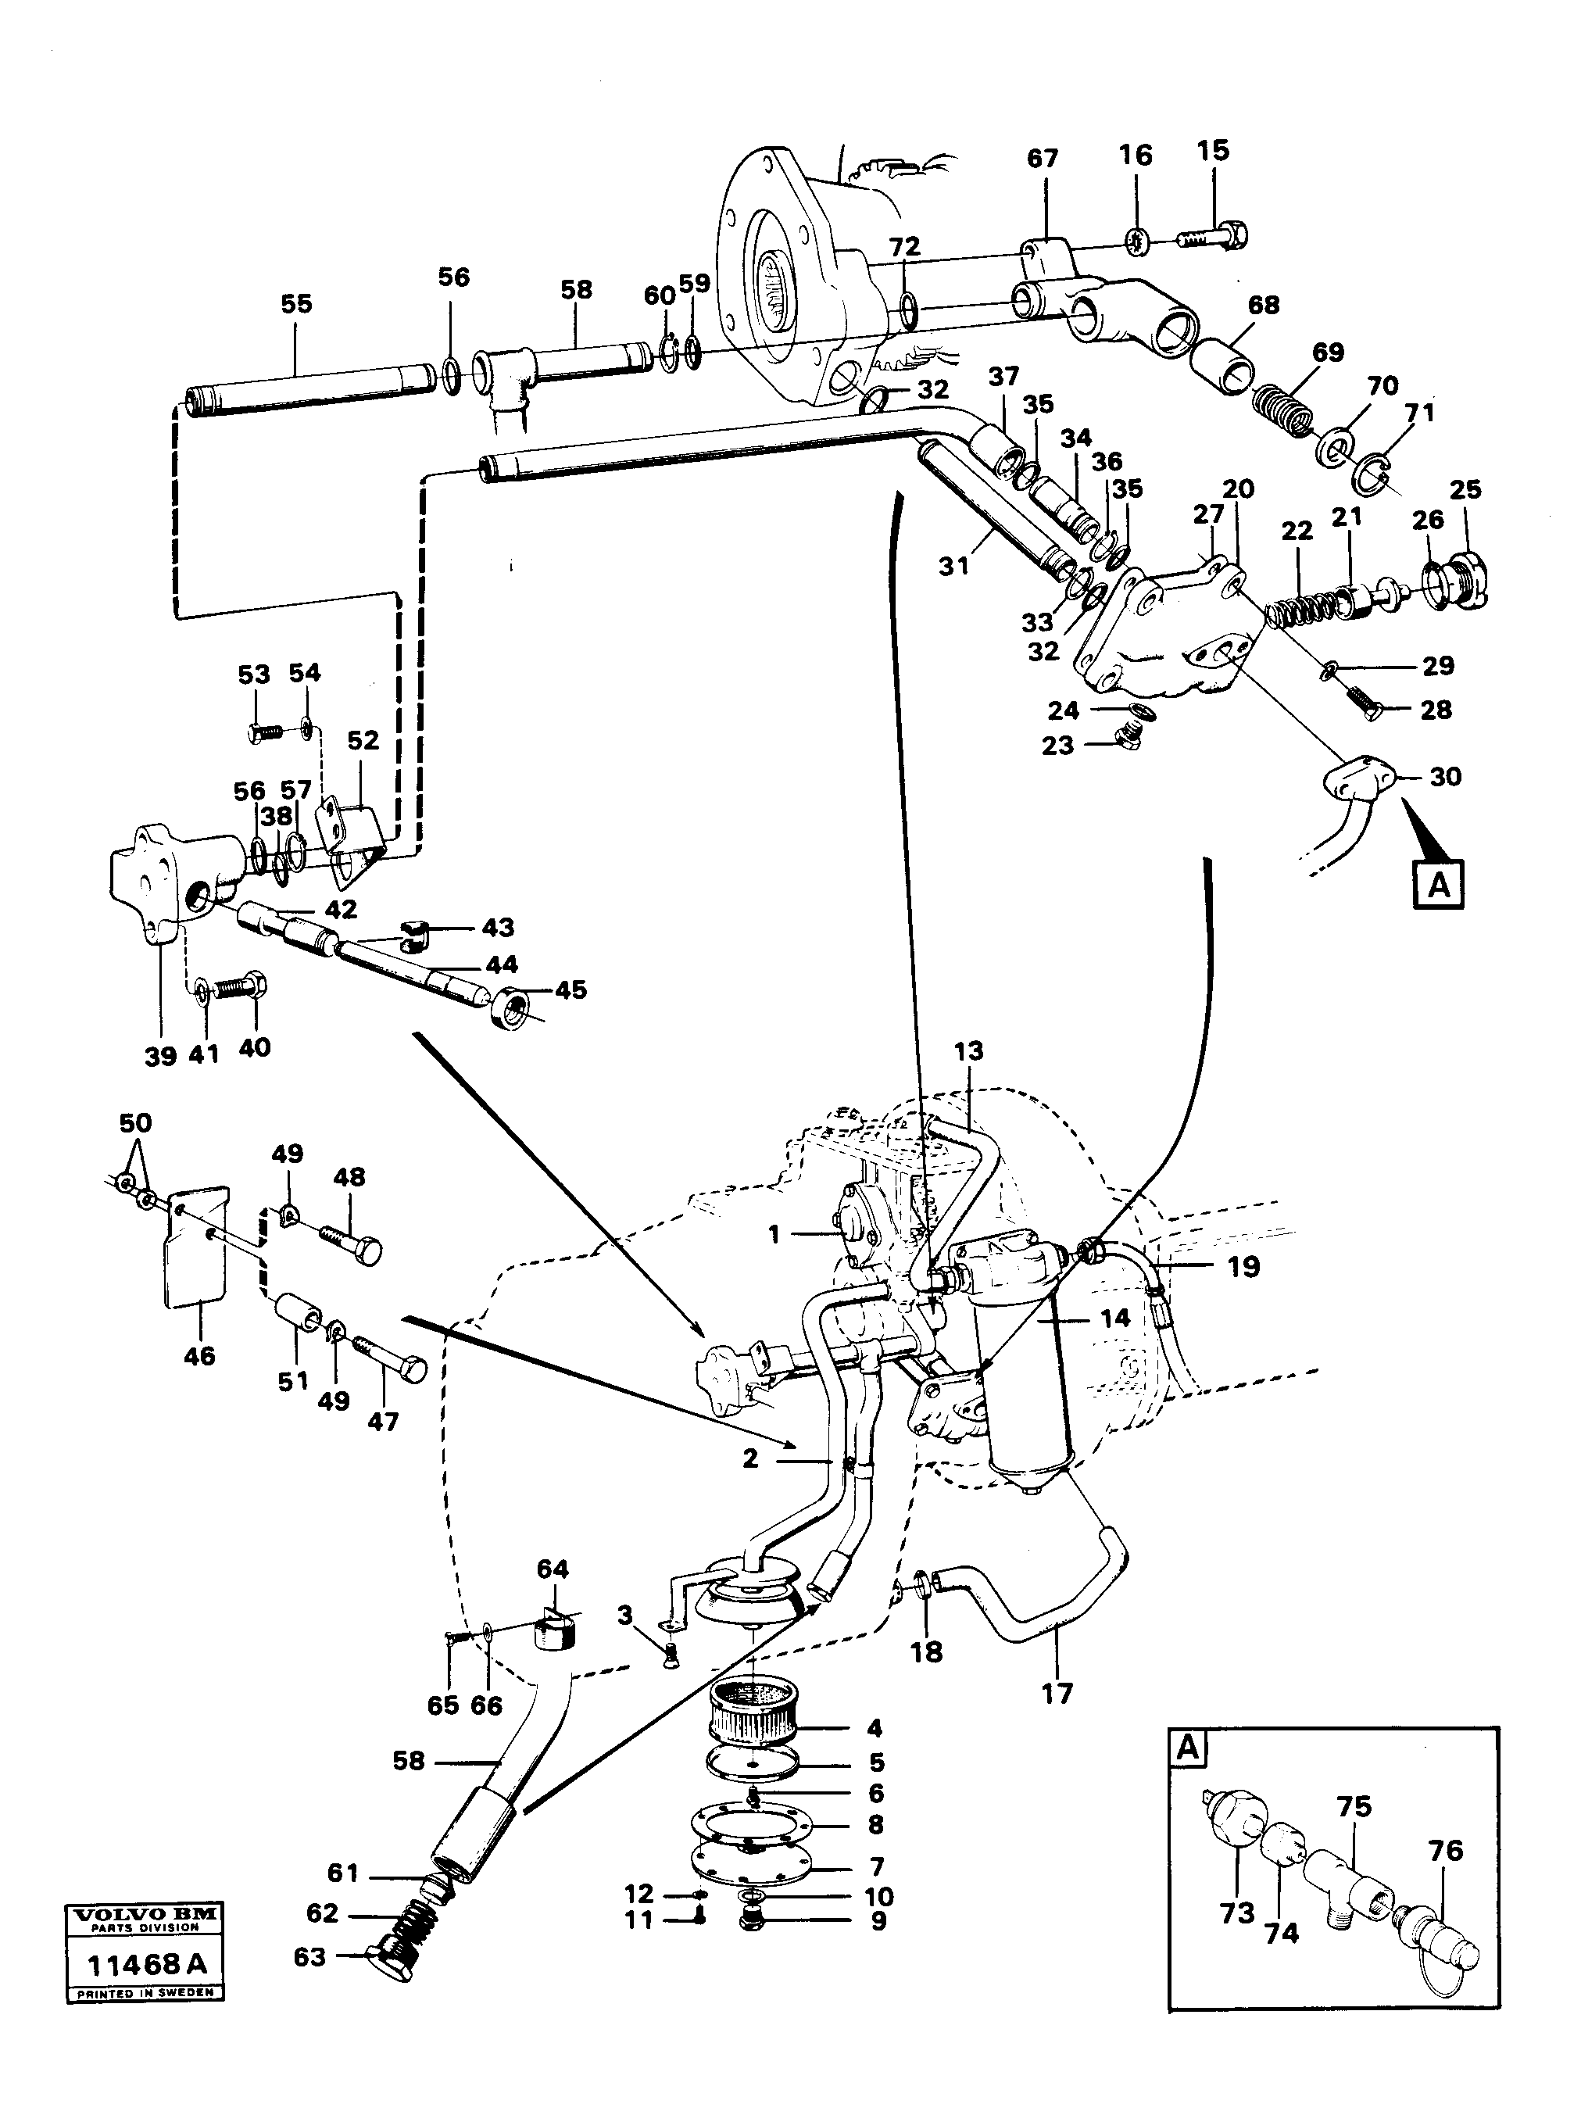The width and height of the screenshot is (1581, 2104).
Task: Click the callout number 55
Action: (296, 304)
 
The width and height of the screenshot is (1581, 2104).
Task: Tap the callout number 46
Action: (200, 1355)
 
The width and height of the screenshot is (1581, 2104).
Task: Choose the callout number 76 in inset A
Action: (1444, 1851)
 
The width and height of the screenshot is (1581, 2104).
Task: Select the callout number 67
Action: (1043, 159)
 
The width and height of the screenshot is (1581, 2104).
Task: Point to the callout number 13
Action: (968, 1052)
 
